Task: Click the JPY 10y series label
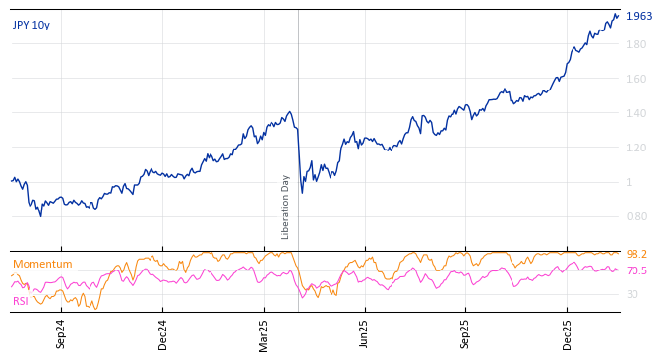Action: (x=30, y=25)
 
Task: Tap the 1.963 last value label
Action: (x=638, y=16)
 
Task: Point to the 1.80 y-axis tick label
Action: (x=635, y=44)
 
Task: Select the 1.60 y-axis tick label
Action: (x=635, y=79)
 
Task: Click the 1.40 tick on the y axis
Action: (x=635, y=113)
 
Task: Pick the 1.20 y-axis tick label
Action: (x=635, y=148)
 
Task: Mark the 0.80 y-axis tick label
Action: (x=635, y=216)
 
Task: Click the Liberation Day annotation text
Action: (x=286, y=207)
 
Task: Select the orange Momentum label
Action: (x=42, y=264)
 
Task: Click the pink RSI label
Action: (x=21, y=301)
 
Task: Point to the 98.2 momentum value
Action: (x=636, y=254)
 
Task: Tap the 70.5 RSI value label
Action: (x=636, y=270)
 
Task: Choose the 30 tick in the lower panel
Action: (x=632, y=294)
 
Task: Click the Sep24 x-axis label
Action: (x=61, y=333)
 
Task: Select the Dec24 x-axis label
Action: (x=163, y=333)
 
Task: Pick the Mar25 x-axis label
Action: (x=264, y=333)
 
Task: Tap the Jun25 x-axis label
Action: (x=365, y=333)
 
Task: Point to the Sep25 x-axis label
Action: (x=466, y=333)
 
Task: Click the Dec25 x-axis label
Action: (x=568, y=333)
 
